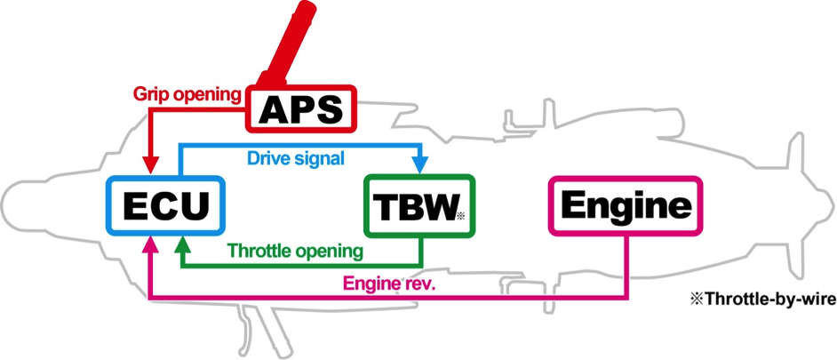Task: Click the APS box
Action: (x=300, y=108)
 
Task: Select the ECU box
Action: (x=165, y=205)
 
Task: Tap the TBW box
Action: (x=419, y=205)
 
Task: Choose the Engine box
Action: (x=626, y=205)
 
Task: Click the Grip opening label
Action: (x=187, y=94)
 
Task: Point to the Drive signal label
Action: (x=296, y=158)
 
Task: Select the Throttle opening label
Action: (x=295, y=250)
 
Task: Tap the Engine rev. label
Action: (x=390, y=283)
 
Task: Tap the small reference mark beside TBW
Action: (x=462, y=216)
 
